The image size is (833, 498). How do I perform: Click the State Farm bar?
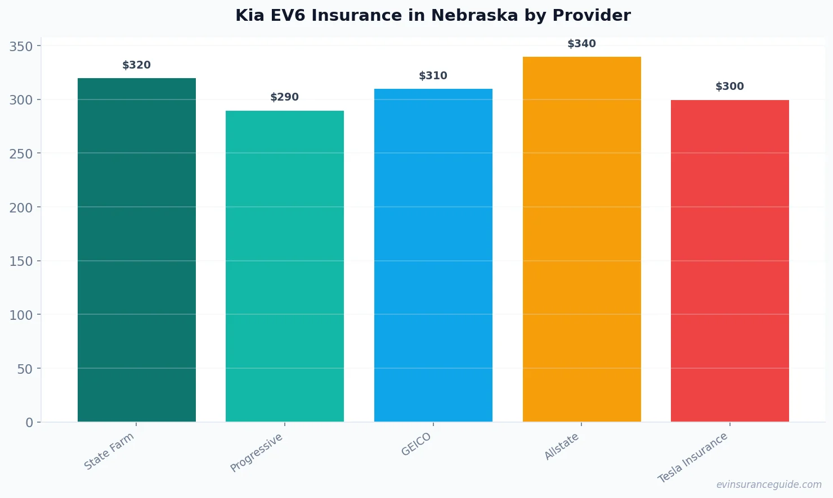[137, 250]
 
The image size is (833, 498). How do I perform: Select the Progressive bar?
[285, 266]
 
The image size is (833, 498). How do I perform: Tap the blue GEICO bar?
[433, 255]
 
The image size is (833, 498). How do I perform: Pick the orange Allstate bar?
[581, 239]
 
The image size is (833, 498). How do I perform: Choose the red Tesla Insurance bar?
[730, 261]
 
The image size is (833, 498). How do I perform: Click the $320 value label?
[137, 65]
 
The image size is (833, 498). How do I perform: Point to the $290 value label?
[285, 97]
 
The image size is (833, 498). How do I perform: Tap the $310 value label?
[433, 76]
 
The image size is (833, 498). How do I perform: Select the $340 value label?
[581, 44]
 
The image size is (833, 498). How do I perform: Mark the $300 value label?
[730, 87]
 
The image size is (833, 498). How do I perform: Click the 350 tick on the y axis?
[21, 46]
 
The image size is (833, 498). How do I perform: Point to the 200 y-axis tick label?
[21, 207]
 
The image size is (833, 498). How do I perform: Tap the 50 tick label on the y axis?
[25, 369]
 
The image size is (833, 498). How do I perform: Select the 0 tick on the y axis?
[29, 423]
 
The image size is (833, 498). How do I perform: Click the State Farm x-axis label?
[109, 451]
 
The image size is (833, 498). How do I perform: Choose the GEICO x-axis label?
[416, 444]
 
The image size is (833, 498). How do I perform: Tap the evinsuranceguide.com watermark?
[769, 485]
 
